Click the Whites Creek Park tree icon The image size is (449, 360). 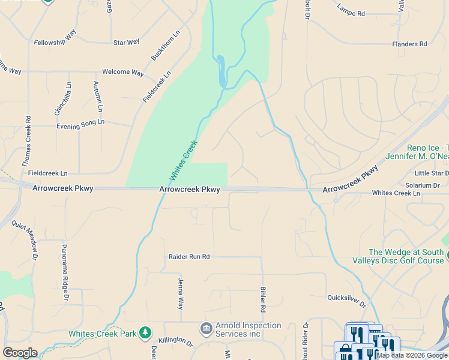145,332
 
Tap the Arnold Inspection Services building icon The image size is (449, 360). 206,328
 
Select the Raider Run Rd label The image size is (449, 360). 188,257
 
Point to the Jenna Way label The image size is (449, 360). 180,293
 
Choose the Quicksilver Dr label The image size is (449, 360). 346,297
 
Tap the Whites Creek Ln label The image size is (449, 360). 396,193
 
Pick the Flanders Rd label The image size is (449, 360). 409,44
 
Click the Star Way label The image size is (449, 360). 126,42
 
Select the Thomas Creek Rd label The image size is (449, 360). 26,142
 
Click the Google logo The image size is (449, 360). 20,353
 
